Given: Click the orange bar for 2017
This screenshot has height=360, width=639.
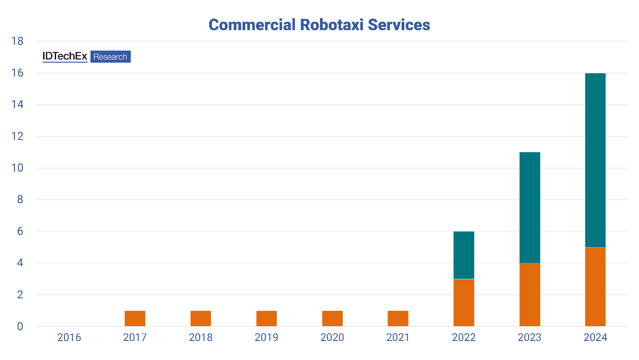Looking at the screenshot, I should [135, 318].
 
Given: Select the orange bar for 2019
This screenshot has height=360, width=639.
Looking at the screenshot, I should [267, 318].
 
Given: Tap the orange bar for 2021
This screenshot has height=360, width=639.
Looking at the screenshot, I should [398, 318].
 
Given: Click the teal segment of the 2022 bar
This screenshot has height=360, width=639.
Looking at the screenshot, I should [464, 255].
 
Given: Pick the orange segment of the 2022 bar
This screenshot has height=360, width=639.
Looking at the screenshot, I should [464, 302].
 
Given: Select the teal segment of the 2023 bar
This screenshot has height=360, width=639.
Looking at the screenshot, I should [530, 207].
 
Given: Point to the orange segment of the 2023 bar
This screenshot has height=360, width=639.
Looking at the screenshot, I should [530, 295].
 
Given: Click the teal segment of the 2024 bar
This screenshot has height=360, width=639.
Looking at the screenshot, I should [595, 160].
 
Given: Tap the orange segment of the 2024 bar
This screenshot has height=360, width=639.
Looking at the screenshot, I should [595, 287].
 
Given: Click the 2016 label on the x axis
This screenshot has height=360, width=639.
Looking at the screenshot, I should [69, 337].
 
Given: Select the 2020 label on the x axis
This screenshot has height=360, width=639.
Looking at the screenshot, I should [332, 337].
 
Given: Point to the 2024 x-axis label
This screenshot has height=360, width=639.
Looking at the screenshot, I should [595, 337].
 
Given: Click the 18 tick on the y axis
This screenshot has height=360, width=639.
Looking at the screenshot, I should [17, 41].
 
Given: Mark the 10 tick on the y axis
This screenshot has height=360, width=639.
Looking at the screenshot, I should [17, 168].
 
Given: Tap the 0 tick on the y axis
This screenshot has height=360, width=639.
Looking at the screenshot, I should [19, 327].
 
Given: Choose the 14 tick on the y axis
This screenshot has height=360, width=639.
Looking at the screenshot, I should [17, 105].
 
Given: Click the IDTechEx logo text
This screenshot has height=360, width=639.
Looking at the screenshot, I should [65, 57].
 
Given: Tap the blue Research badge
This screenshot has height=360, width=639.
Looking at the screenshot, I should [110, 57].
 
